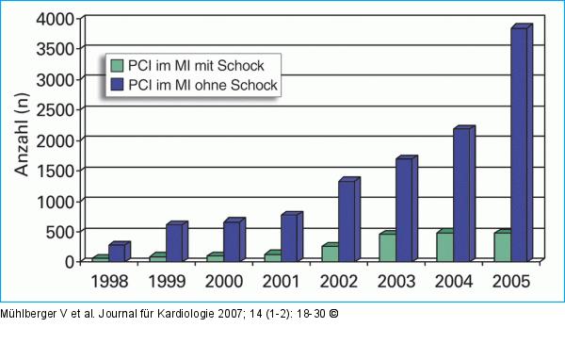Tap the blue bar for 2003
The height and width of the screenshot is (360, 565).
coord(405,210)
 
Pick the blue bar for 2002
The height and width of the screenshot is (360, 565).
coord(347,221)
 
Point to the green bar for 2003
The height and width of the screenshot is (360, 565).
coord(386,247)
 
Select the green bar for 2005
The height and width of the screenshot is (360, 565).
coord(501,246)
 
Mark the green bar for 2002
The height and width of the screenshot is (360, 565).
coord(330,253)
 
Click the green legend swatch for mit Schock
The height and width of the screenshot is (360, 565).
coord(118,66)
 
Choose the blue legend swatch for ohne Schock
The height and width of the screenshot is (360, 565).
coord(118,85)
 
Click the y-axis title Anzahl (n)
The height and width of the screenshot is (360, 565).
coord(22,139)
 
